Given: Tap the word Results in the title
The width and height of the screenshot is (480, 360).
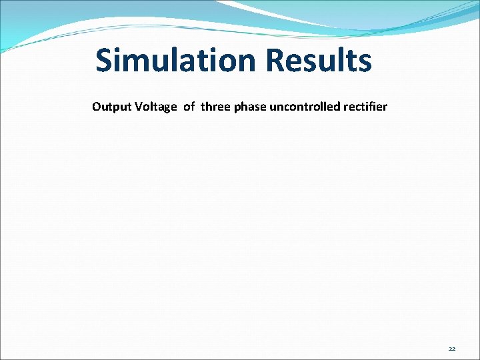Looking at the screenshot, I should pyautogui.click(x=318, y=61).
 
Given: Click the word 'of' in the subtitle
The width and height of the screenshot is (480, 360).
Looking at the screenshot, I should pyautogui.click(x=189, y=107).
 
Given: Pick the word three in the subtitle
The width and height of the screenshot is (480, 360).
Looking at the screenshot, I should pyautogui.click(x=215, y=107).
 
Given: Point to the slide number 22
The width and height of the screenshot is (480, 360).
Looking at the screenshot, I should pyautogui.click(x=452, y=349).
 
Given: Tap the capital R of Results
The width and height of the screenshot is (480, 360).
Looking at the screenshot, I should pyautogui.click(x=275, y=61).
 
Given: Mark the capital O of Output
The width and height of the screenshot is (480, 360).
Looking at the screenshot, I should pyautogui.click(x=97, y=107).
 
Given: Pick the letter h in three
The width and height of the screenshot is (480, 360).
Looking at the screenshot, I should pyautogui.click(x=209, y=107).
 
